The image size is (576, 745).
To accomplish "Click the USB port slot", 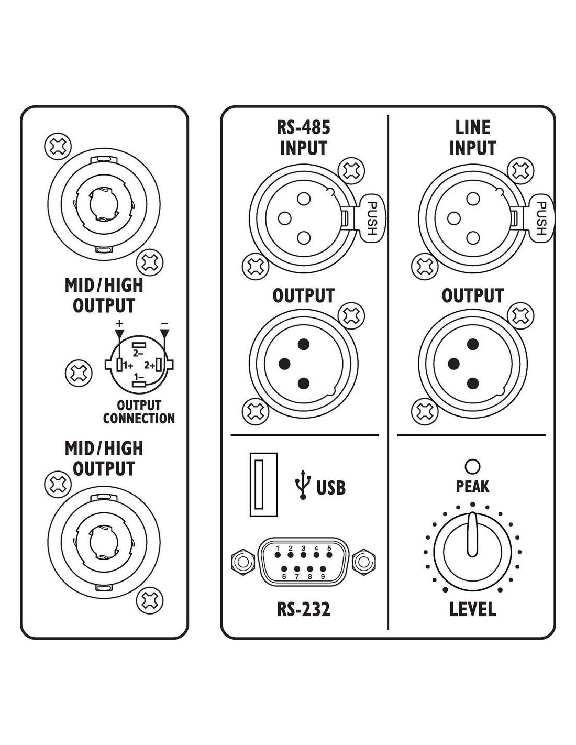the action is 263,485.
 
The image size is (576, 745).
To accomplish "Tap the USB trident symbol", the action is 303,484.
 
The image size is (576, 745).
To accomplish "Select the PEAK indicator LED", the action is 472,466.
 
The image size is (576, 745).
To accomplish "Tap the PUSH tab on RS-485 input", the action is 372,218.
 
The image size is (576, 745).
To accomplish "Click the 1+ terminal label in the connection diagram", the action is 128,366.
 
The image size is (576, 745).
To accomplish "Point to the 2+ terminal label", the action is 150,366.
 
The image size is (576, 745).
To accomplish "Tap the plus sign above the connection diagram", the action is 119,323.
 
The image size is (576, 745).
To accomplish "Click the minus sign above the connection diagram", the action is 165,323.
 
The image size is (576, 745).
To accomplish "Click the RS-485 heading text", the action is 304,127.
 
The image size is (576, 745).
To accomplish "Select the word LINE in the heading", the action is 472,127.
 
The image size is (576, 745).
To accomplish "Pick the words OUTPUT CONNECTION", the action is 139,412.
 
